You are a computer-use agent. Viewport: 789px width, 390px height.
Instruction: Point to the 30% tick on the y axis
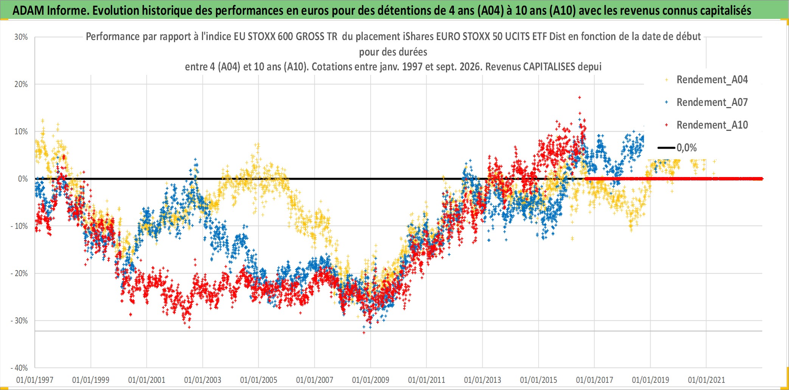[21, 37]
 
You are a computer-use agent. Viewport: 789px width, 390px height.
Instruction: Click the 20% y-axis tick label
[21, 84]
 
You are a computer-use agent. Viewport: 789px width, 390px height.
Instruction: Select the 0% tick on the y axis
[23, 179]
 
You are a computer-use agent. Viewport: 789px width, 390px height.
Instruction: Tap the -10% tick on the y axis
[19, 226]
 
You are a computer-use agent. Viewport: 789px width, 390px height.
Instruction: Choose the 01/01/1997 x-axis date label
[35, 380]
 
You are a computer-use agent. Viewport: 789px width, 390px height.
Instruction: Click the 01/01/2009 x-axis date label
[371, 380]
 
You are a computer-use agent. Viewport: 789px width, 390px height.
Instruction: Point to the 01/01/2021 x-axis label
[707, 380]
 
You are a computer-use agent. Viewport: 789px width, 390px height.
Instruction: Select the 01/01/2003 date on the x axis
[203, 380]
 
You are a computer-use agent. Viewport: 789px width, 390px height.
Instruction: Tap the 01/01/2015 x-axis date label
[539, 380]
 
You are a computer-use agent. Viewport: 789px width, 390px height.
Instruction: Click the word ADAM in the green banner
[28, 11]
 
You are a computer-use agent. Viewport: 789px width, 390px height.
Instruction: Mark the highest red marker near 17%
[579, 98]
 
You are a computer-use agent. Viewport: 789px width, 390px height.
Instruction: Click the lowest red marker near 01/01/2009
[364, 333]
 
